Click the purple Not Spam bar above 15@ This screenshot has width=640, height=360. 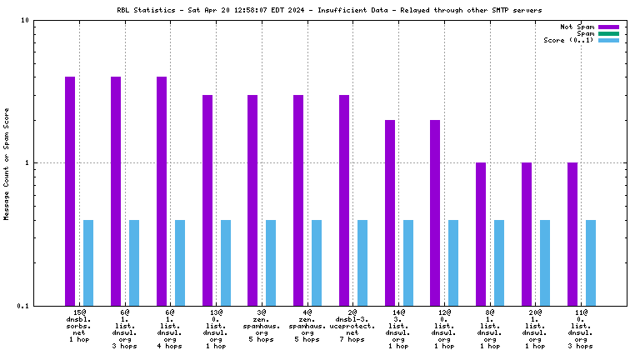click(x=70, y=191)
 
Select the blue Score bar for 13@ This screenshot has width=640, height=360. click(x=225, y=262)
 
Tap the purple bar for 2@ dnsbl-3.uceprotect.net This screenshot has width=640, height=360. click(x=344, y=200)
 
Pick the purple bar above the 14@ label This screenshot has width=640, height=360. click(x=390, y=212)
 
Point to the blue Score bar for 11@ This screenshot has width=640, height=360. click(x=591, y=262)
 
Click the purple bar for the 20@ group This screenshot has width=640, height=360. click(x=527, y=234)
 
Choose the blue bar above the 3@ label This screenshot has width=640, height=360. click(x=271, y=262)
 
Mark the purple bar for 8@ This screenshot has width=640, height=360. click(x=481, y=234)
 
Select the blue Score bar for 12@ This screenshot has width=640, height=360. click(x=453, y=262)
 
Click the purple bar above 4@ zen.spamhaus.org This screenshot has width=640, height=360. click(x=298, y=200)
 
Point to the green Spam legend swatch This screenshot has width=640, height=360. click(x=608, y=33)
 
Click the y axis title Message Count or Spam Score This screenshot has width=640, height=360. click(x=7, y=162)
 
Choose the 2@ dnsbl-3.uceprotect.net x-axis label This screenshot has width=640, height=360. click(x=353, y=326)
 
